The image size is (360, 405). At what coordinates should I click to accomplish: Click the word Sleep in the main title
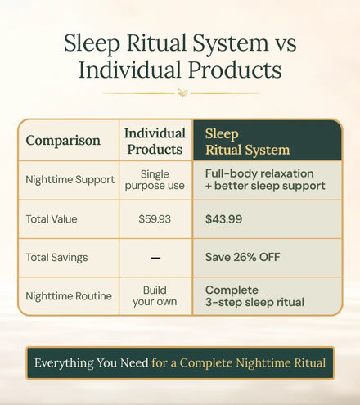(x=92, y=43)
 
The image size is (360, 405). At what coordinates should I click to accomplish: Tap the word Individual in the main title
(x=130, y=70)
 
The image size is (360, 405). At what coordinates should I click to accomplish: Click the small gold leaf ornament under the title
(x=182, y=93)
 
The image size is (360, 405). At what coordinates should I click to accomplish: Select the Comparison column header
(x=63, y=141)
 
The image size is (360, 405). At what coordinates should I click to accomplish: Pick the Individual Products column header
(x=155, y=142)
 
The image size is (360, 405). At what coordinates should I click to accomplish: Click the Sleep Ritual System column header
(x=247, y=142)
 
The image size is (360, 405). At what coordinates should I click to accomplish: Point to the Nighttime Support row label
(x=70, y=180)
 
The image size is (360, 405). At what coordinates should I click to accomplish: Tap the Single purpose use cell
(x=155, y=180)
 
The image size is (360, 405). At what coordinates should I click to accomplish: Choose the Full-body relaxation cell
(x=265, y=179)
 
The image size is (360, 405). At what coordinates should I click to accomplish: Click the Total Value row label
(x=52, y=219)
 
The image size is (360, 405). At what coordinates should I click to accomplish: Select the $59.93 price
(x=155, y=219)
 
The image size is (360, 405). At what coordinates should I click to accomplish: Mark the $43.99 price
(x=223, y=219)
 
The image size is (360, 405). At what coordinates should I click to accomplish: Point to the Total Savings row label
(x=56, y=258)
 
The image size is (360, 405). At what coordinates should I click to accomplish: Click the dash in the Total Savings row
(x=155, y=258)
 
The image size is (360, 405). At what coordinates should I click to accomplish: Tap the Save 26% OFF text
(x=243, y=257)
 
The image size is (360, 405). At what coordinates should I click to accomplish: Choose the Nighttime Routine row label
(x=69, y=296)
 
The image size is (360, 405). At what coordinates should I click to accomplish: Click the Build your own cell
(x=155, y=296)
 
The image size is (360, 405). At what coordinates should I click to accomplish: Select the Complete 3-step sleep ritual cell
(x=254, y=296)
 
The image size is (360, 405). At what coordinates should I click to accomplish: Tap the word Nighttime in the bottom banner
(x=263, y=363)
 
